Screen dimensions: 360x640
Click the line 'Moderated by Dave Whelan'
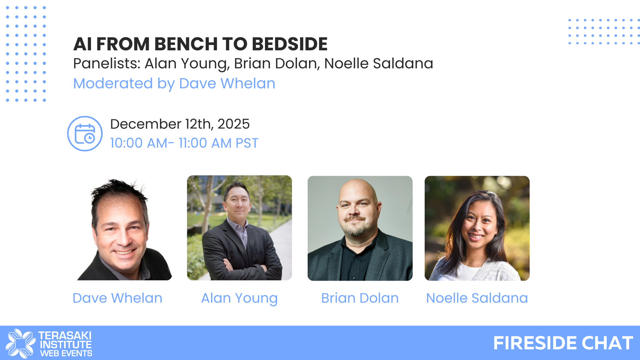click(x=174, y=83)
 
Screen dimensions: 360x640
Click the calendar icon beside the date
click(x=85, y=134)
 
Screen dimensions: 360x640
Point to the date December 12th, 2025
click(x=180, y=124)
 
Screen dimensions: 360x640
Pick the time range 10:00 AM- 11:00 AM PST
click(x=184, y=143)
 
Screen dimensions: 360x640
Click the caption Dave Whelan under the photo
click(x=117, y=298)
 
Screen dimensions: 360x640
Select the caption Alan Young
click(x=239, y=298)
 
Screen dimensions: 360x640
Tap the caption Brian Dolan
click(x=360, y=298)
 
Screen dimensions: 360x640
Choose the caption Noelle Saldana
click(x=477, y=298)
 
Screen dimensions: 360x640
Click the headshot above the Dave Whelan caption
click(x=124, y=228)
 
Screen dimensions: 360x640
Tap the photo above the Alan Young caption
click(x=239, y=228)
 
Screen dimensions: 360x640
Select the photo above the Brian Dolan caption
click(x=360, y=228)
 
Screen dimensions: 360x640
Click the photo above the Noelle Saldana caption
click(x=477, y=228)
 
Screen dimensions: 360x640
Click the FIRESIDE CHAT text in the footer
click(x=563, y=343)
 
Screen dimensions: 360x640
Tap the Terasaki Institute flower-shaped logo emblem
click(x=21, y=343)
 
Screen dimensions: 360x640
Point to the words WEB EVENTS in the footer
click(x=66, y=353)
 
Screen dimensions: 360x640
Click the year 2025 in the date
click(x=234, y=124)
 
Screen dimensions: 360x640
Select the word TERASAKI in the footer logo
click(x=65, y=335)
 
